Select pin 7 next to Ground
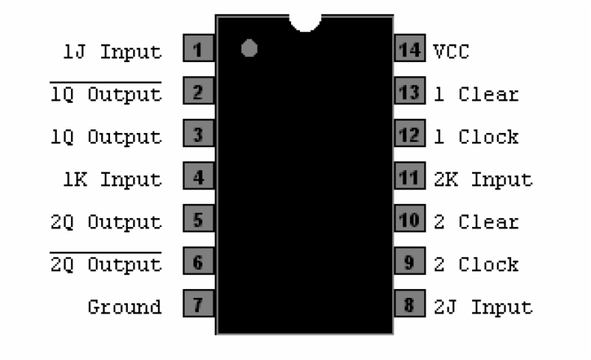[x=197, y=305]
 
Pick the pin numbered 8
[x=409, y=305]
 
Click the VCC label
[x=451, y=52]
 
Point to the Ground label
[x=124, y=306]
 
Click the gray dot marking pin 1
[x=249, y=50]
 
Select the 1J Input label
[x=112, y=52]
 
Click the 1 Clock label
[x=476, y=137]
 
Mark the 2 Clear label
[x=476, y=222]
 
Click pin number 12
[x=409, y=135]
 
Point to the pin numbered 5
[x=197, y=220]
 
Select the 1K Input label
[x=112, y=179]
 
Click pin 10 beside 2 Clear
[x=409, y=220]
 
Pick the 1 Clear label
[x=476, y=95]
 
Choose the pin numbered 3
[x=197, y=135]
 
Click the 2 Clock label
[x=476, y=264]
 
